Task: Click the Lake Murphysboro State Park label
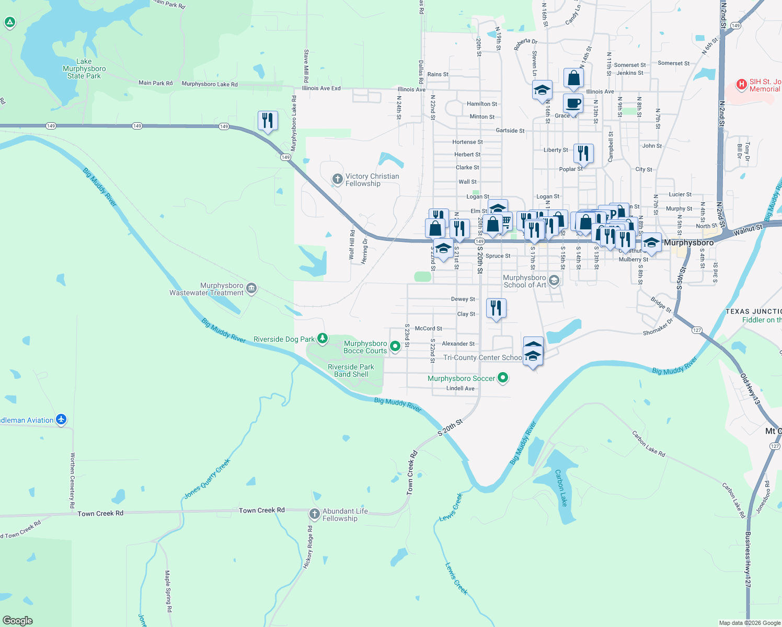84,68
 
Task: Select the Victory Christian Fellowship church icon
338,179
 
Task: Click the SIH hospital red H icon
741,84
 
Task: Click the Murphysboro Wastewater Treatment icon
251,288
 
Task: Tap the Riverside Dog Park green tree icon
323,339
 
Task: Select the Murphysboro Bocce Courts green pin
395,345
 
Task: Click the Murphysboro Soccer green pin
503,377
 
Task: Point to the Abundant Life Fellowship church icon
314,514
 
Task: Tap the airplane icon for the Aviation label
61,419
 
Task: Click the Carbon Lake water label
561,488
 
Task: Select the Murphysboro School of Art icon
554,281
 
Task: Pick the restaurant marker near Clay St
496,308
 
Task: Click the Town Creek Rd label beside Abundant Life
261,510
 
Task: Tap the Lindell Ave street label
461,388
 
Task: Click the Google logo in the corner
18,620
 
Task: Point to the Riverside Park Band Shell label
351,370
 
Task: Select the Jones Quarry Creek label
207,479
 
